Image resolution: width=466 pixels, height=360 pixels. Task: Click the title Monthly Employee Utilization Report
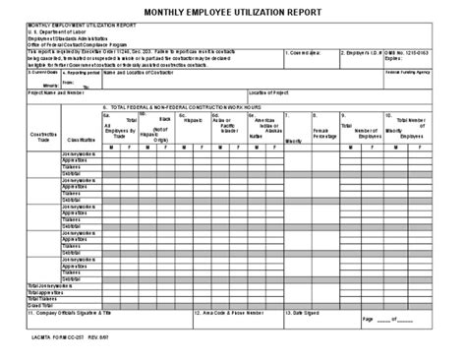coord(233,13)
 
